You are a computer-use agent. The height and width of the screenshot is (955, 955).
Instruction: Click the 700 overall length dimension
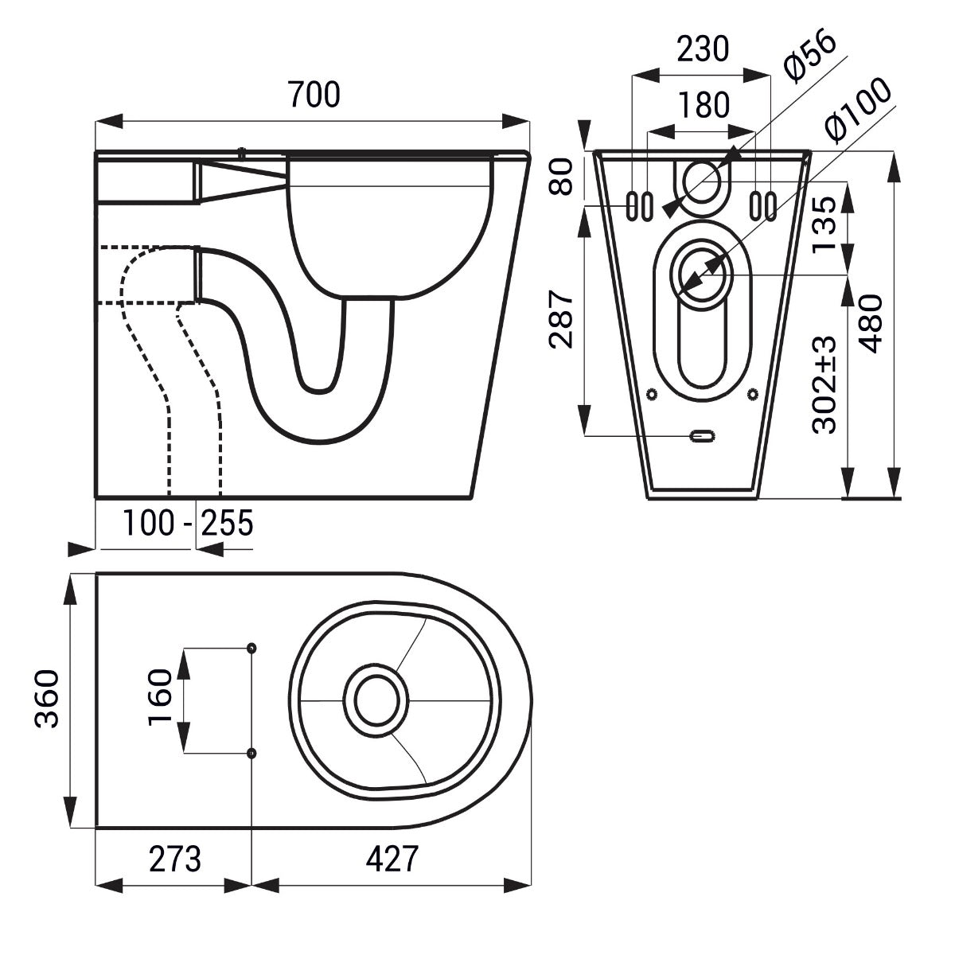(314, 95)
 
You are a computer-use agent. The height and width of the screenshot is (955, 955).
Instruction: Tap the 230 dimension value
(703, 49)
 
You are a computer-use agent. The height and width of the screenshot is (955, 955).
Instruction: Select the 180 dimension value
(704, 104)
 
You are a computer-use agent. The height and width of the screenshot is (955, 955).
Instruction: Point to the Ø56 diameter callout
(810, 58)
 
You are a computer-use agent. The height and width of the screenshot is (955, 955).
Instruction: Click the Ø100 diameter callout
(858, 111)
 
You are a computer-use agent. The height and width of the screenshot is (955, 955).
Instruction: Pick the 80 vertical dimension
(562, 177)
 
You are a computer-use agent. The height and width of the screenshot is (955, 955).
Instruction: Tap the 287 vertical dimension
(562, 320)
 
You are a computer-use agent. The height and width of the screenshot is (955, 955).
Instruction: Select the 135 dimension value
(824, 224)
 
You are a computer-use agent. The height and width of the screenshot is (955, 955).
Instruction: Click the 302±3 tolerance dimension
(824, 385)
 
